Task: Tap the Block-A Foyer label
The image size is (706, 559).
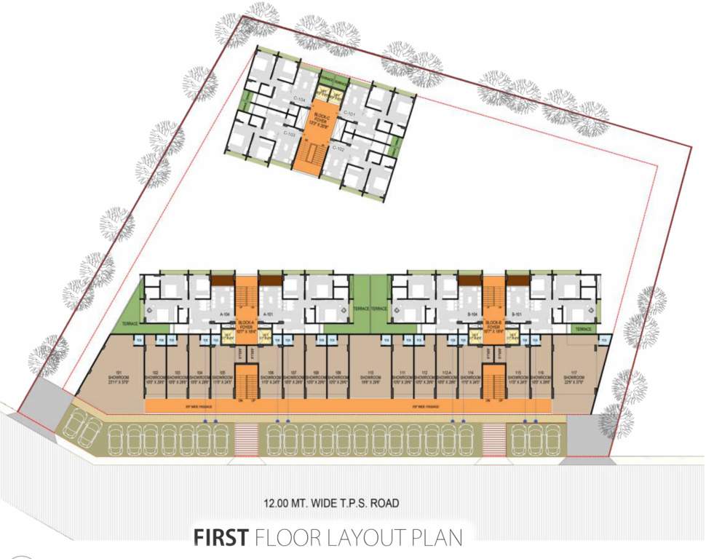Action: (x=245, y=325)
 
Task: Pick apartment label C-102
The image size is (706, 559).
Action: (x=338, y=148)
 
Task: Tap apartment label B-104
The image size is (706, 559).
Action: (x=472, y=315)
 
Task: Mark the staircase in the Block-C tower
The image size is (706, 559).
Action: (x=314, y=155)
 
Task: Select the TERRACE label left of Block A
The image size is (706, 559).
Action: (x=130, y=323)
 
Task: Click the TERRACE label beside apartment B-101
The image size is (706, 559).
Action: (x=583, y=329)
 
